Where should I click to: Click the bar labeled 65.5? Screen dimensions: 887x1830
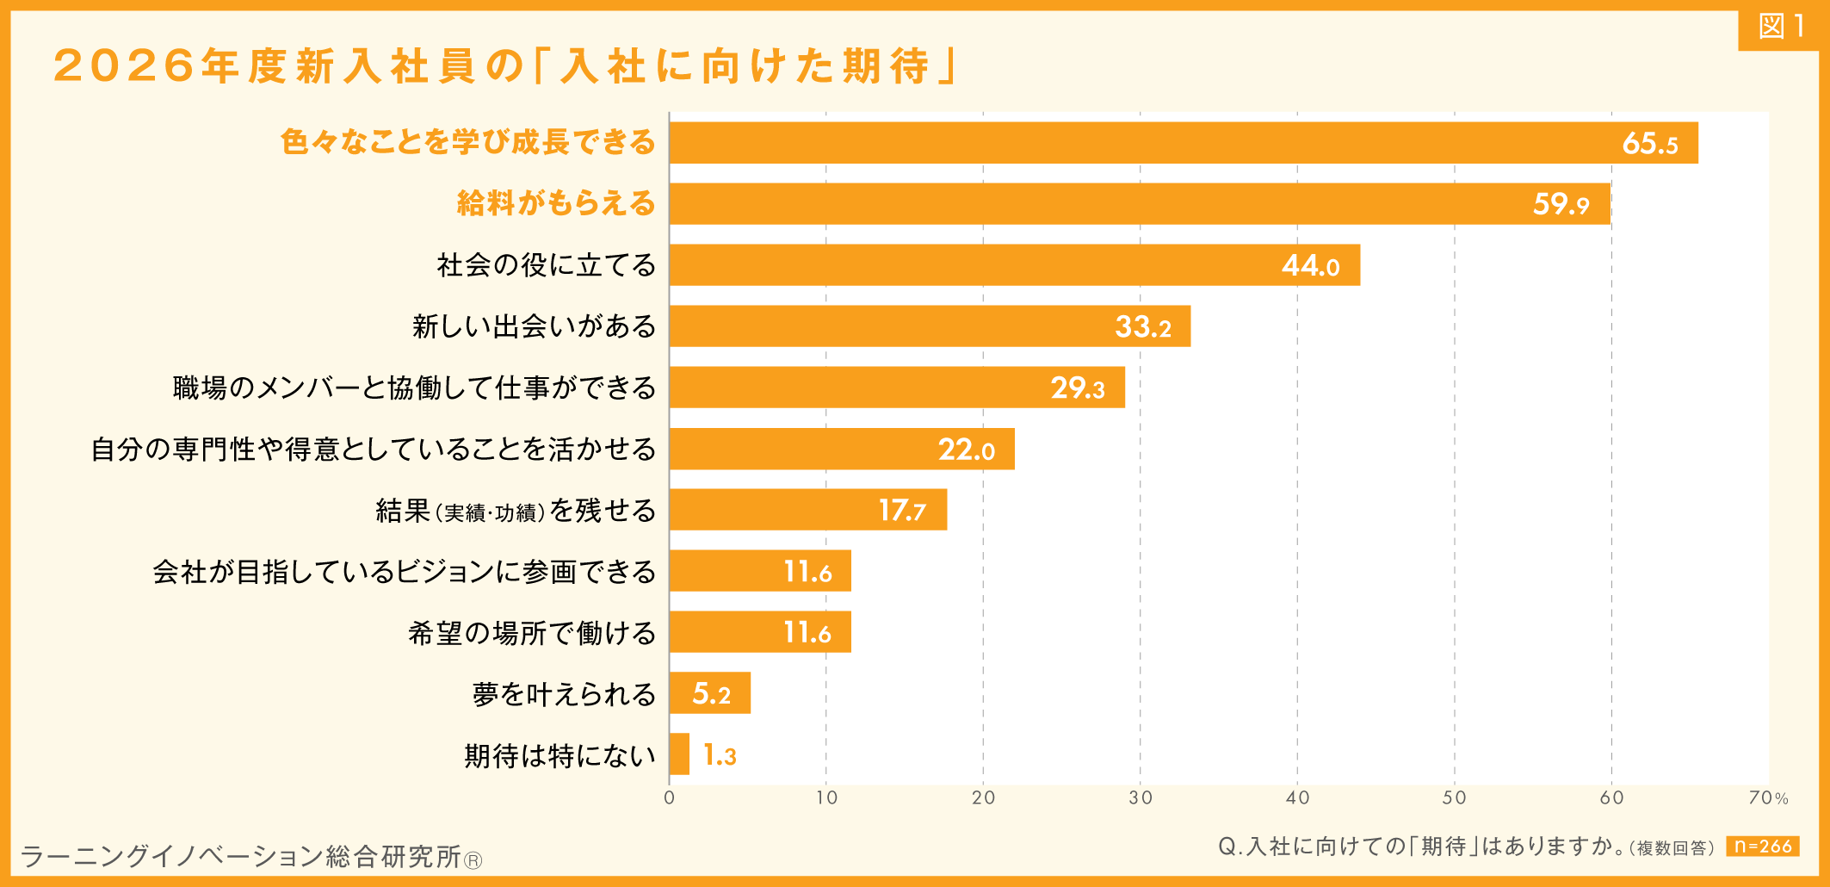(1184, 143)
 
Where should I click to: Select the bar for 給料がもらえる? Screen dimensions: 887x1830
(1140, 204)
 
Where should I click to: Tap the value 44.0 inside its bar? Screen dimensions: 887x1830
(1310, 265)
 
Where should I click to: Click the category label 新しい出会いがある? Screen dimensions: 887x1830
(534, 326)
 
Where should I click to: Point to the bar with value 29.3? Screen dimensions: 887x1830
(897, 388)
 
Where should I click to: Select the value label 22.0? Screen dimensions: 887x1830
(966, 450)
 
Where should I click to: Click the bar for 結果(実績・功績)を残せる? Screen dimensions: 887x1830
(807, 510)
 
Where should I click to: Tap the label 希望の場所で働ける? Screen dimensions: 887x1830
(532, 633)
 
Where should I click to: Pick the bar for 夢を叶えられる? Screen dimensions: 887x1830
(709, 693)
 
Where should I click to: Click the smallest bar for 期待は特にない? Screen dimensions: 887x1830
(679, 754)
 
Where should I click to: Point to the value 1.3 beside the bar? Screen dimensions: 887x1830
(720, 756)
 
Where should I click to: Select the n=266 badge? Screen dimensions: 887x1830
(1762, 847)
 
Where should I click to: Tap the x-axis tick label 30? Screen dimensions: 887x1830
(1141, 797)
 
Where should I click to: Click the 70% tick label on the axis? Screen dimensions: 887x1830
(1768, 798)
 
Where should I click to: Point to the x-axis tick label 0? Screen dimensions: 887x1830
(669, 797)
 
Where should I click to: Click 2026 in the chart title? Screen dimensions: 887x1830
(124, 66)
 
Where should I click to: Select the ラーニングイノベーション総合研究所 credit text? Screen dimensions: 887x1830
(250, 856)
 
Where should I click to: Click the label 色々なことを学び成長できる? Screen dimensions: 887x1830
(467, 142)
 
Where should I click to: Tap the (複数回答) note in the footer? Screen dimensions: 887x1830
(1671, 848)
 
